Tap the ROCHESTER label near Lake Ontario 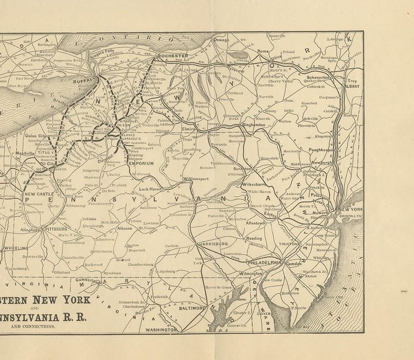[x=172, y=56]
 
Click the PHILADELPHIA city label [x=265, y=262]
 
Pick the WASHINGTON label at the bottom [x=161, y=329]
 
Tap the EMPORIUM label [x=141, y=163]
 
